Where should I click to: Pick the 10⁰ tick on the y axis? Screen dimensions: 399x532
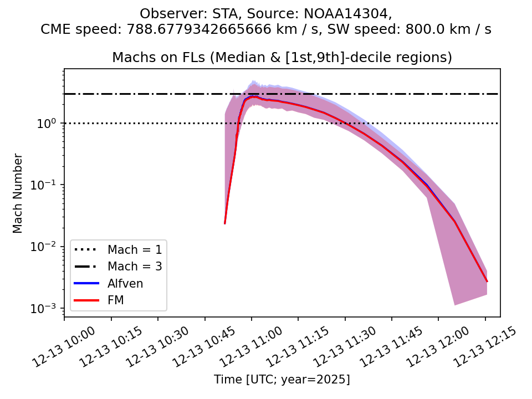point(50,123)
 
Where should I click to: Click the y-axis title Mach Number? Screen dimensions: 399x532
point(18,193)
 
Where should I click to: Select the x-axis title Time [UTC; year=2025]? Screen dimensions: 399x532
point(282,380)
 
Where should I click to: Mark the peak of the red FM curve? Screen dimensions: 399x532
point(253,96)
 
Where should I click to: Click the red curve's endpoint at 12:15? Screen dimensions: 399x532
point(487,282)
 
